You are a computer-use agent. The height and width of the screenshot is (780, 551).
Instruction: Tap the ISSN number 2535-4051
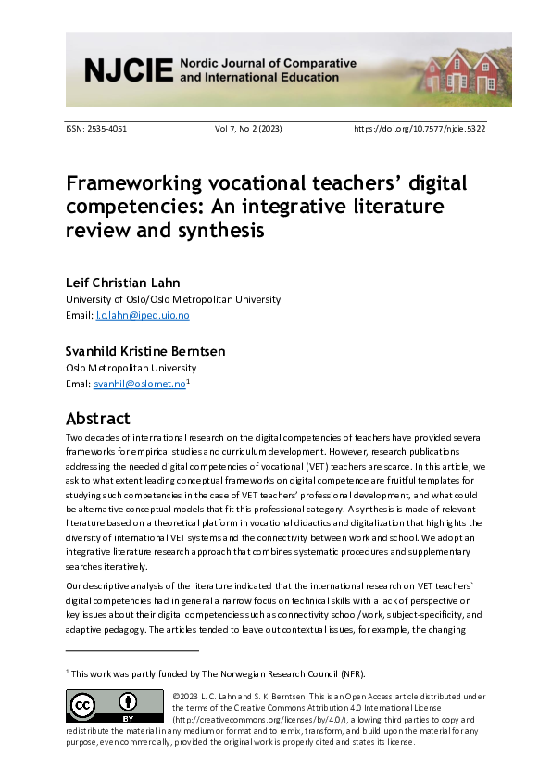pos(109,129)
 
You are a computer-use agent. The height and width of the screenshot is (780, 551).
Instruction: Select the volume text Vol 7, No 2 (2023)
pos(248,129)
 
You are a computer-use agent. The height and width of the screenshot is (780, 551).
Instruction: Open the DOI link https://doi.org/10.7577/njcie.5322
pos(420,129)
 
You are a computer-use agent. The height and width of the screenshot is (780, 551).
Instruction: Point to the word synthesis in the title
pos(222,230)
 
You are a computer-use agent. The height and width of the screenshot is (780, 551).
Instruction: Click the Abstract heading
pos(98,418)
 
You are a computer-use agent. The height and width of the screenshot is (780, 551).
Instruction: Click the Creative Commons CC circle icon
pos(84,706)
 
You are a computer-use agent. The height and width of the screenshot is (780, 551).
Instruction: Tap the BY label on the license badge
pos(131,717)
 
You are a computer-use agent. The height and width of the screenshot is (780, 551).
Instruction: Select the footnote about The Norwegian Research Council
pos(194,673)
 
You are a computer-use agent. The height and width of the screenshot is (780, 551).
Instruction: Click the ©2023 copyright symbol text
pos(189,696)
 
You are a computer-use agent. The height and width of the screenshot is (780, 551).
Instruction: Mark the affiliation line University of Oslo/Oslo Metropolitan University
pos(173,299)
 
